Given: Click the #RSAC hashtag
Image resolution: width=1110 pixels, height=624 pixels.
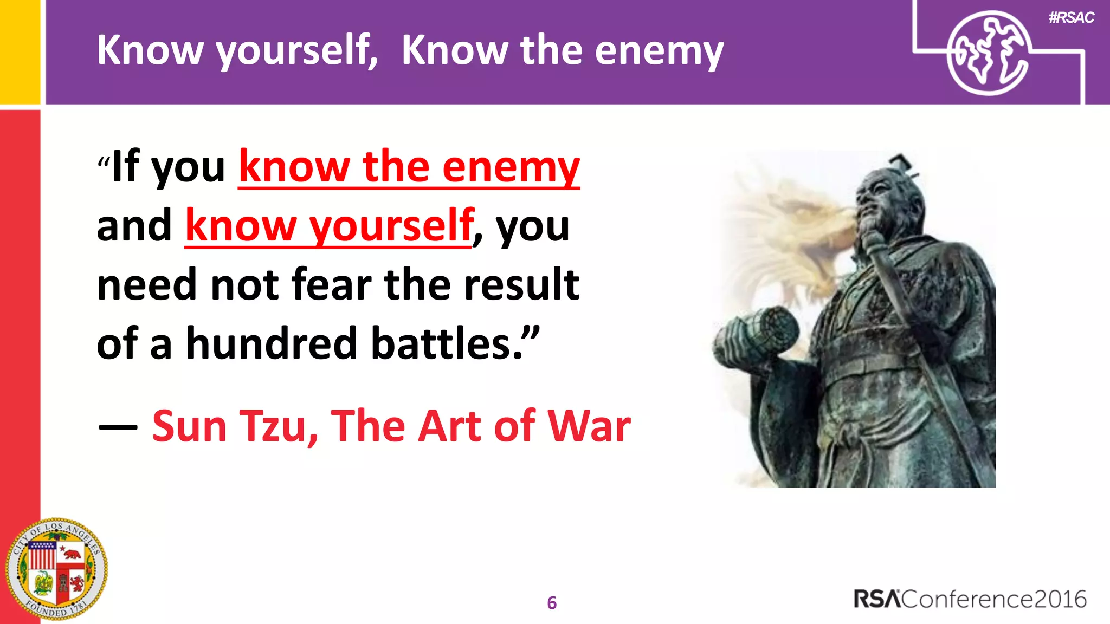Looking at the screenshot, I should tap(1071, 18).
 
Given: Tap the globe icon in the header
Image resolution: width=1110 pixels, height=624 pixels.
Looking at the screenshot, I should tap(988, 53).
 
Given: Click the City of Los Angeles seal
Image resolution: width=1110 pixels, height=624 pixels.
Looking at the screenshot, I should tap(56, 569).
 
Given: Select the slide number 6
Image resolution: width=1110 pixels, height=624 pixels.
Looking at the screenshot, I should tap(552, 603).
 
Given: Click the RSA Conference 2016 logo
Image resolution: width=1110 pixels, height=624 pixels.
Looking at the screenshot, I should tap(970, 599).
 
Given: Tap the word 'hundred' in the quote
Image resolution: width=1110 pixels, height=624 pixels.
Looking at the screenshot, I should tap(272, 343).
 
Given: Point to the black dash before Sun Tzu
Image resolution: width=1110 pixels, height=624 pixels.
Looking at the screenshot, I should tap(118, 427).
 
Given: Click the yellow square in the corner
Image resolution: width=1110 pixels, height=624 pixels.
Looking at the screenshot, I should tap(20, 51).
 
